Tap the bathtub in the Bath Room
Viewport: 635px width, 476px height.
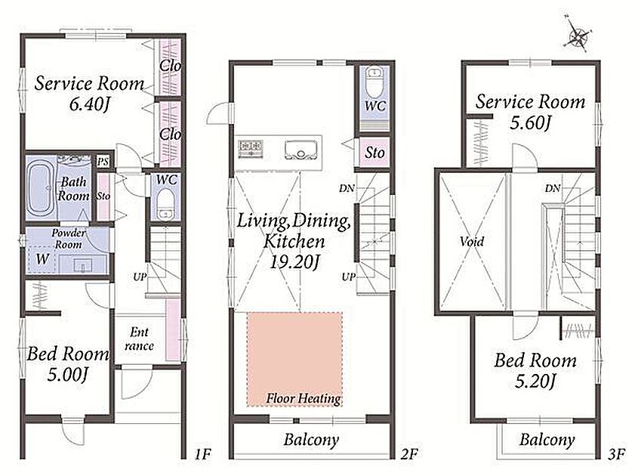41,189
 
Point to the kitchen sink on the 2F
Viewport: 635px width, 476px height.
301,150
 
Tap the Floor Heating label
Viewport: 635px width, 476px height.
304,398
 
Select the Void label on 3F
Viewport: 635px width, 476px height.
472,242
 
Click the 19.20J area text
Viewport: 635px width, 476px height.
294,262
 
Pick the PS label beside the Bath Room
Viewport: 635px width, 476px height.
103,161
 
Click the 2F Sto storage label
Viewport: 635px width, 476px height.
375,153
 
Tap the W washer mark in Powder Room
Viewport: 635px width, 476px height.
42,258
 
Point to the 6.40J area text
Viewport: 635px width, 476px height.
89,104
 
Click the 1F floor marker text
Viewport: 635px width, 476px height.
202,454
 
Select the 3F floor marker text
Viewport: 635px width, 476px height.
616,455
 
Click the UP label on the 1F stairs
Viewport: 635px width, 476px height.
140,277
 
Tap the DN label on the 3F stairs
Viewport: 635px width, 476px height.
553,188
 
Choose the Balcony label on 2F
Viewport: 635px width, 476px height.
311,440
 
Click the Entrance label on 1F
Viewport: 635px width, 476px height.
139,338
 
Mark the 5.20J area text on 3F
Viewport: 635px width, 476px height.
535,381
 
